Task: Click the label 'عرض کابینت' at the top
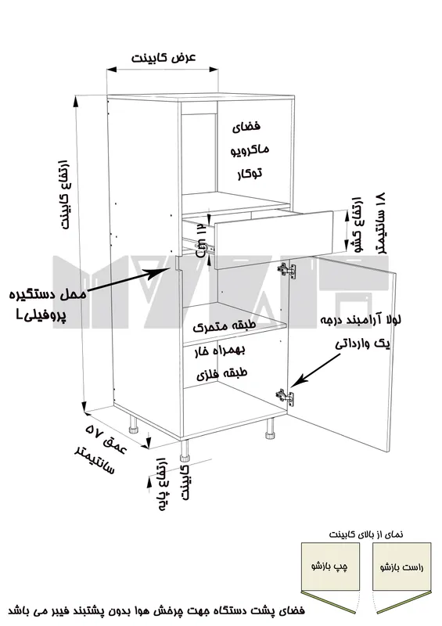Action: (164, 58)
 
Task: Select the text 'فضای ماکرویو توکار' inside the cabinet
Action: (250, 149)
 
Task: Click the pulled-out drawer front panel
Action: (274, 239)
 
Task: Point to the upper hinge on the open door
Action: (287, 270)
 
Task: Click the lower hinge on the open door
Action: (285, 397)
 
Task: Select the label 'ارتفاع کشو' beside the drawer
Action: (356, 225)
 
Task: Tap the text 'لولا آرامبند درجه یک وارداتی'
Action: (361, 331)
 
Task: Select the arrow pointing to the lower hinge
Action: (314, 370)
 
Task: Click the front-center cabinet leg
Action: (185, 452)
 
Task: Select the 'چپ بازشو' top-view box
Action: (330, 566)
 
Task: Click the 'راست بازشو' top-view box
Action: (401, 566)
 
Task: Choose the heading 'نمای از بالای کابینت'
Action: (366, 534)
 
